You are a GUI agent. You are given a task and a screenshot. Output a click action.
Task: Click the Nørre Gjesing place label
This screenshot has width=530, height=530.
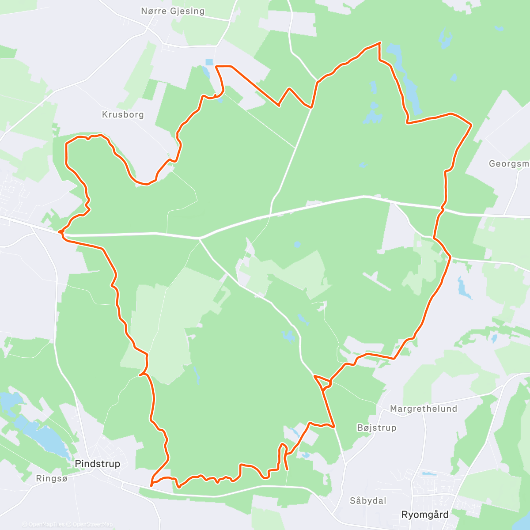[173, 11]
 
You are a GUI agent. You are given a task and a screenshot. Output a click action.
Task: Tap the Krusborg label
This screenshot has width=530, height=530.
[123, 114]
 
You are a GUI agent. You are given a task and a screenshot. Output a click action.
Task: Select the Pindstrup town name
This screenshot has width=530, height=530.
[98, 463]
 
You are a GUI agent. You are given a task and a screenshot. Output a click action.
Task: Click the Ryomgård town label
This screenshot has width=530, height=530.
[425, 515]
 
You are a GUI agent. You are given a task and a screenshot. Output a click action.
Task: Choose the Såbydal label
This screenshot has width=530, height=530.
[368, 500]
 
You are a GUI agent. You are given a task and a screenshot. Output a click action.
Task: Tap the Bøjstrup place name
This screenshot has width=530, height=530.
[377, 428]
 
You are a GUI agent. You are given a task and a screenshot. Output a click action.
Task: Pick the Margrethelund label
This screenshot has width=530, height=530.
[424, 409]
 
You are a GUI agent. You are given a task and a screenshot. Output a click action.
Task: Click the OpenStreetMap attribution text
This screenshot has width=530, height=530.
[93, 524]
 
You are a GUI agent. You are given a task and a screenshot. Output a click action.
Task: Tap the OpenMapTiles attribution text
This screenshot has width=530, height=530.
[46, 524]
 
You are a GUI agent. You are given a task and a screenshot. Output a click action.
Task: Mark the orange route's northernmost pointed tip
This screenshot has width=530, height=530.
[380, 42]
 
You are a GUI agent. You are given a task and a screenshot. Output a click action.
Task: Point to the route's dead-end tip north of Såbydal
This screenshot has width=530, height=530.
[288, 470]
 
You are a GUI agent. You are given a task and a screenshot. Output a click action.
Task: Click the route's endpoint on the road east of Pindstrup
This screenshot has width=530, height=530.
[151, 486]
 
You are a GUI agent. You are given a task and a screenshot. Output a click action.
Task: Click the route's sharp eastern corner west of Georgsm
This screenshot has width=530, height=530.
[471, 125]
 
